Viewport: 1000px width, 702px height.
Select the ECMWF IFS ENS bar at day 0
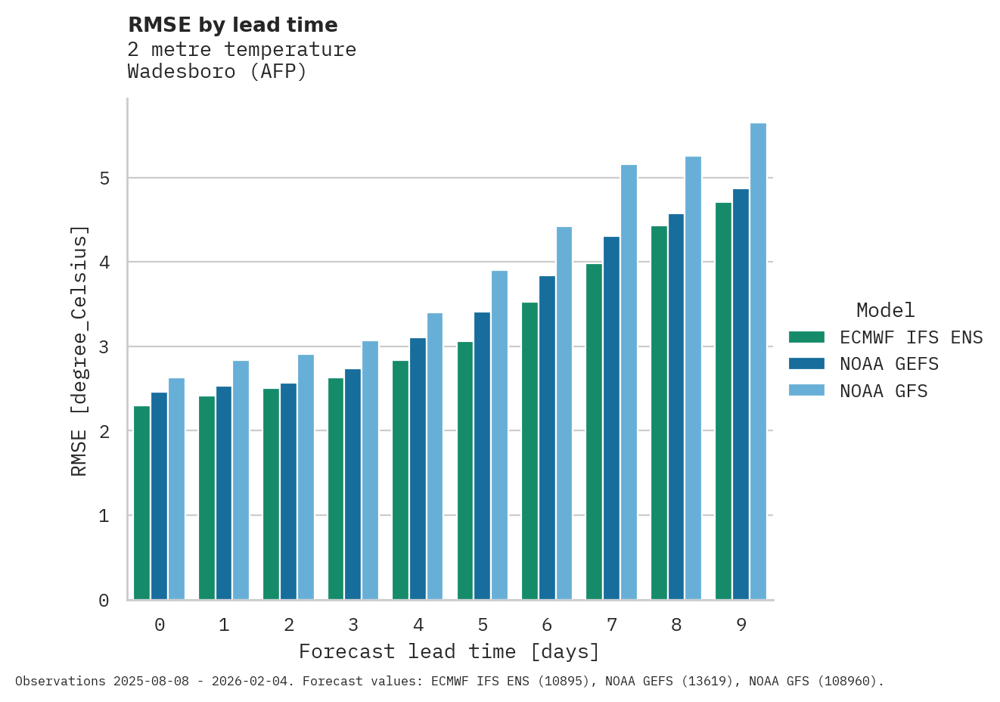tap(141, 503)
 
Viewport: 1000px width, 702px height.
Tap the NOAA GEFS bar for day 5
tap(482, 456)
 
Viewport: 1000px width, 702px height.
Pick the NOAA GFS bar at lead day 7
tap(629, 382)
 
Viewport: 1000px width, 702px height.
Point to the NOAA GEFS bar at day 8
tap(676, 407)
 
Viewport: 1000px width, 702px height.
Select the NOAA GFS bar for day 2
tap(306, 477)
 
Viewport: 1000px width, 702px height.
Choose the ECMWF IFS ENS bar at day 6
tap(530, 451)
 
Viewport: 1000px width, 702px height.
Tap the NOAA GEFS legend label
tap(889, 364)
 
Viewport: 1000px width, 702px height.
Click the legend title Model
tap(885, 310)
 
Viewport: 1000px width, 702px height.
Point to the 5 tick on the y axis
tap(104, 179)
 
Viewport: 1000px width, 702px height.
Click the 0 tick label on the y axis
tap(104, 601)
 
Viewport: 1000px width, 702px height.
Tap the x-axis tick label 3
tap(353, 625)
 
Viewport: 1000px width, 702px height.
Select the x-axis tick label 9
tap(741, 625)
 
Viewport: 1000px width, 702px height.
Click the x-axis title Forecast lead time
tap(449, 651)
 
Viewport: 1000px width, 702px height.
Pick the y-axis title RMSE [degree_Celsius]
tap(79, 351)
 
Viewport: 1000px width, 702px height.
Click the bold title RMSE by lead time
tap(233, 25)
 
